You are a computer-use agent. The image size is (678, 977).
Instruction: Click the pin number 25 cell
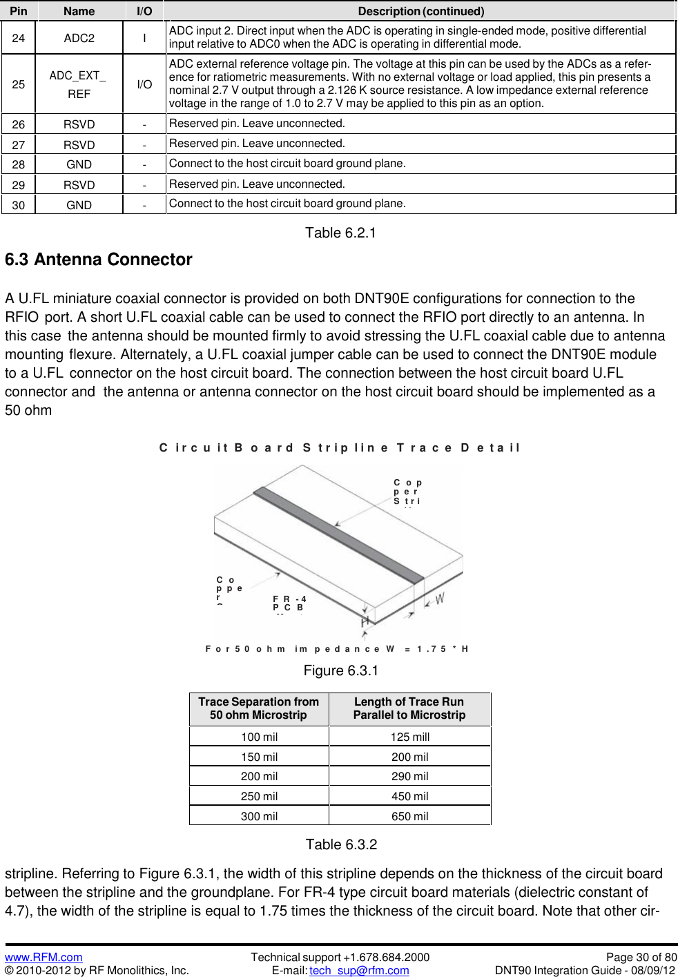(x=19, y=84)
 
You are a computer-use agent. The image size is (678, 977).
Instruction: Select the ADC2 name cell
(x=79, y=38)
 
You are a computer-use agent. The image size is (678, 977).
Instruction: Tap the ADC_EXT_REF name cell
(x=78, y=84)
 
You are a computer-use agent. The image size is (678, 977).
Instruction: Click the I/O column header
(x=144, y=11)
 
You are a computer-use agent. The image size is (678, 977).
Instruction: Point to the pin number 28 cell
(x=19, y=164)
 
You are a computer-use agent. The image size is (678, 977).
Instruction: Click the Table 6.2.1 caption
(x=340, y=233)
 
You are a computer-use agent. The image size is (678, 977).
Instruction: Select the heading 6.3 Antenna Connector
(x=99, y=260)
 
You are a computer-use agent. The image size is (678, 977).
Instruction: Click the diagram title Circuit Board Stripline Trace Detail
(x=339, y=447)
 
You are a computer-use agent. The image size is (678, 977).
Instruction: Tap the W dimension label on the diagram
(x=440, y=599)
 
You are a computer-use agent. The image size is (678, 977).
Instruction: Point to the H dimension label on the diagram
(x=365, y=622)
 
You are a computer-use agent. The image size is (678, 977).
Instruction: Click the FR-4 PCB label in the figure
(x=289, y=603)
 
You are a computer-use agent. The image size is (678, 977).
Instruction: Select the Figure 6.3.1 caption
(x=340, y=670)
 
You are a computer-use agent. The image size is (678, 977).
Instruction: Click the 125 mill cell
(x=409, y=737)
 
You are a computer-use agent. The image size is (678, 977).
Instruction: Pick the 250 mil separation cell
(x=259, y=796)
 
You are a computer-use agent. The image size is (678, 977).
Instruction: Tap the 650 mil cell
(x=409, y=816)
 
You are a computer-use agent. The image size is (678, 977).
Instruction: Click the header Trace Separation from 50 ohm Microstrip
(x=259, y=708)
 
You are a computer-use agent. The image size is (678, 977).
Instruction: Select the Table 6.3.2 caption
(x=341, y=844)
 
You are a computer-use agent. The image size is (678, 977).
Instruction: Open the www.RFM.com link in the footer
(x=43, y=957)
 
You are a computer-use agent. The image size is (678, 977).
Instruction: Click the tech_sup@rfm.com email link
(x=359, y=970)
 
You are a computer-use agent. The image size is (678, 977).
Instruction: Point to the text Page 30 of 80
(x=641, y=957)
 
